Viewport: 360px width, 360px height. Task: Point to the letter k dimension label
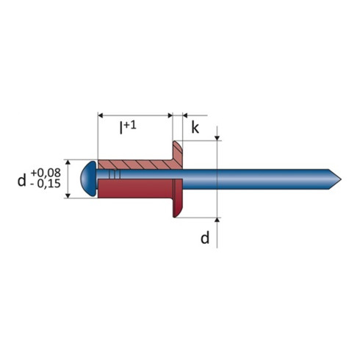[195, 127]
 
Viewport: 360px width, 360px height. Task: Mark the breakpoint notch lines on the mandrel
[112, 177]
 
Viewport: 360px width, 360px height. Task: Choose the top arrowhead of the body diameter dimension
[68, 162]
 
